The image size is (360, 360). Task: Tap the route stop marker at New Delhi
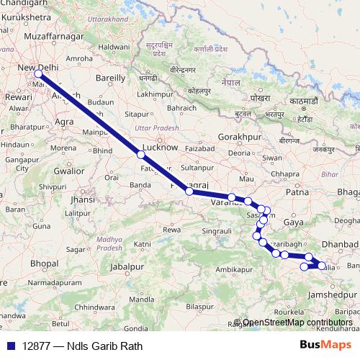coord(38,74)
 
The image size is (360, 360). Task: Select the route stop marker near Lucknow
coord(141,155)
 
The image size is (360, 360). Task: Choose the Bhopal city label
coord(44,264)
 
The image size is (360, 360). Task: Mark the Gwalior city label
coord(68,171)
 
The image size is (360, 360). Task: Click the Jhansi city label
coord(84,199)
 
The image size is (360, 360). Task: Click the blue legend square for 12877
coord(10,346)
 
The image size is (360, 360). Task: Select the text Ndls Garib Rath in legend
coord(104,346)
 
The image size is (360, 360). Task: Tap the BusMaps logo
coord(325,346)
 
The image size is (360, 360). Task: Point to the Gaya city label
coord(293,223)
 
